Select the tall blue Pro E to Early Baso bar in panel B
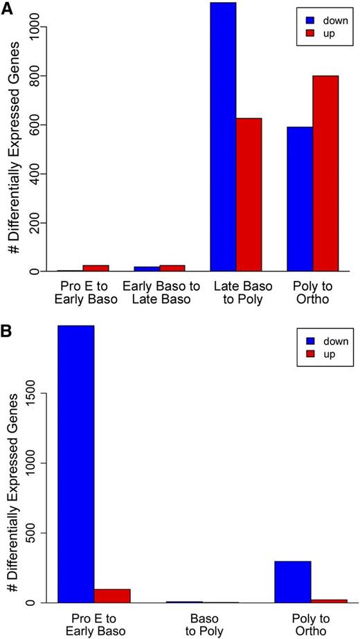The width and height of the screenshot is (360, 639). (75, 464)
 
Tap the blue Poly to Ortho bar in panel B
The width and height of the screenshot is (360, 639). (293, 582)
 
